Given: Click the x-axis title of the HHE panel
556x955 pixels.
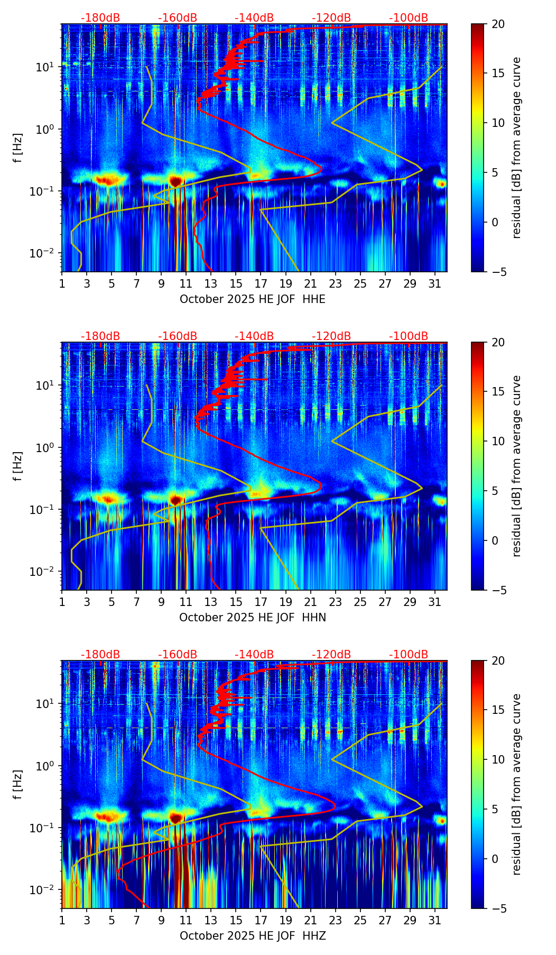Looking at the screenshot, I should pyautogui.click(x=253, y=299).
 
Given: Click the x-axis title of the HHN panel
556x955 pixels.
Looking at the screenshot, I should pyautogui.click(x=253, y=618).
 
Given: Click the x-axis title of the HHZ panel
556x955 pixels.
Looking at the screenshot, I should pyautogui.click(x=253, y=936).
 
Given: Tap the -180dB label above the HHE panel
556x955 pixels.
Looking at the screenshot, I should pyautogui.click(x=100, y=18).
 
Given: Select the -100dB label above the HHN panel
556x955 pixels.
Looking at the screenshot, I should pyautogui.click(x=409, y=336).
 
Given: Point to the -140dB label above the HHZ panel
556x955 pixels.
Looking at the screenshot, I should pyautogui.click(x=254, y=655).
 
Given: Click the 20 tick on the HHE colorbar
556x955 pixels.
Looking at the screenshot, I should pyautogui.click(x=498, y=24).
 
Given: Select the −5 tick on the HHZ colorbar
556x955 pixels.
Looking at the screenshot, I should pyautogui.click(x=498, y=908).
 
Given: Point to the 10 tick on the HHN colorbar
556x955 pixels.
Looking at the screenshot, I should pyautogui.click(x=498, y=441).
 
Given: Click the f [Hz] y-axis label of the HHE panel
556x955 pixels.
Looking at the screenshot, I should pyautogui.click(x=18, y=148).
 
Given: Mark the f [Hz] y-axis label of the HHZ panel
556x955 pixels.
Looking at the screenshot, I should pyautogui.click(x=18, y=785).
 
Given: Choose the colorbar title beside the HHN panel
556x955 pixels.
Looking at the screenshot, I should pyautogui.click(x=517, y=466).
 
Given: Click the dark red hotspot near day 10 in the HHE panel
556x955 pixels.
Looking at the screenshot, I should pyautogui.click(x=175, y=181).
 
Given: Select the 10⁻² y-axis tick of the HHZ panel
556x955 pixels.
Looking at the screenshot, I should pyautogui.click(x=45, y=890).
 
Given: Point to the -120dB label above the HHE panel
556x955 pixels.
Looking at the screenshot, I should pyautogui.click(x=331, y=18).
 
